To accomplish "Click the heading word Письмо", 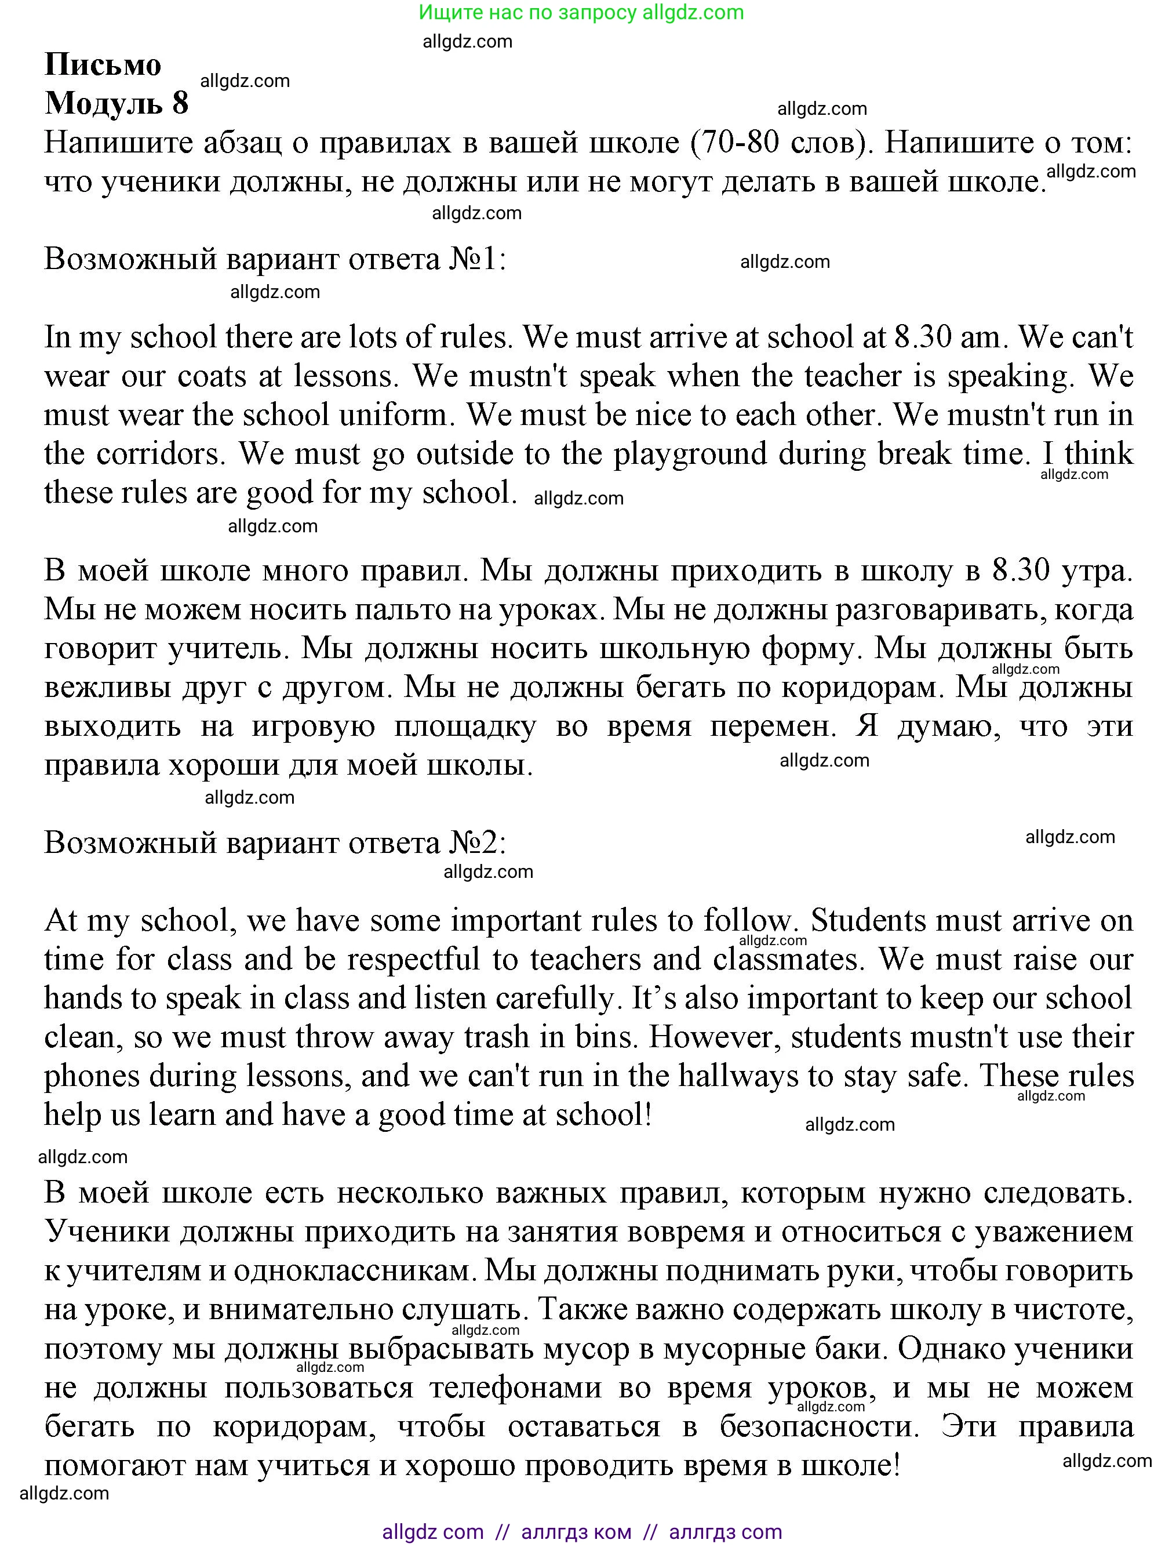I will tap(103, 65).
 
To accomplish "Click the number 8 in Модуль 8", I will tap(180, 104).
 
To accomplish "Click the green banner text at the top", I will tap(581, 12).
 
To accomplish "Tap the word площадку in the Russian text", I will tap(465, 727).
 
